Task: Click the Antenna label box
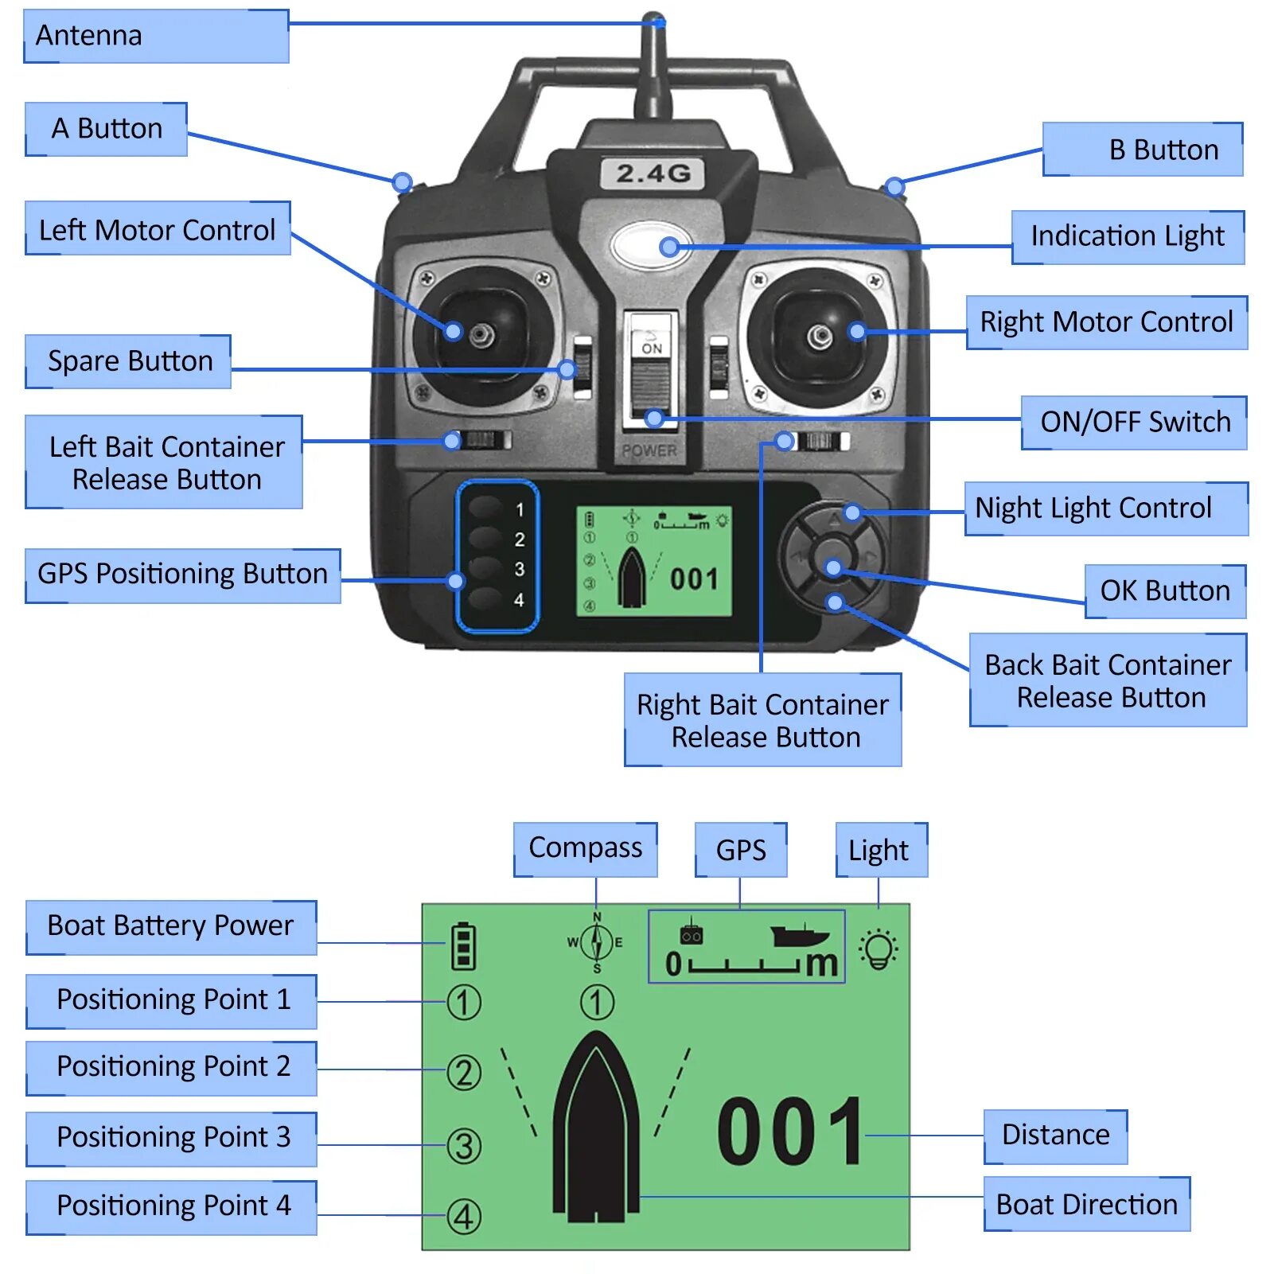(156, 36)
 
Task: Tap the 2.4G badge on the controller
(653, 173)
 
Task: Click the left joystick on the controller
(481, 334)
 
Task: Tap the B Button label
(1143, 150)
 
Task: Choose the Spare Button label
(129, 361)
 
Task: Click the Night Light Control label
(1105, 508)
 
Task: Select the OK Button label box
(1165, 591)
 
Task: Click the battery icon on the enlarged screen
(463, 945)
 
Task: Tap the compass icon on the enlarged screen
(597, 942)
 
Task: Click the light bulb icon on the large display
(879, 949)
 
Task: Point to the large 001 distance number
(790, 1131)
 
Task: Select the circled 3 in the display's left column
(464, 1146)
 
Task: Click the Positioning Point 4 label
(172, 1206)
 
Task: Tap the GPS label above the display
(741, 850)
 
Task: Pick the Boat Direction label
(1086, 1205)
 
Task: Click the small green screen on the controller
(654, 562)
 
